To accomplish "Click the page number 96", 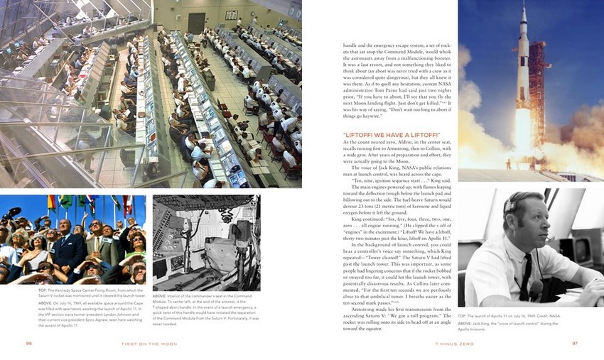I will tap(29, 344).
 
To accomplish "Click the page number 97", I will tap(575, 344).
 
